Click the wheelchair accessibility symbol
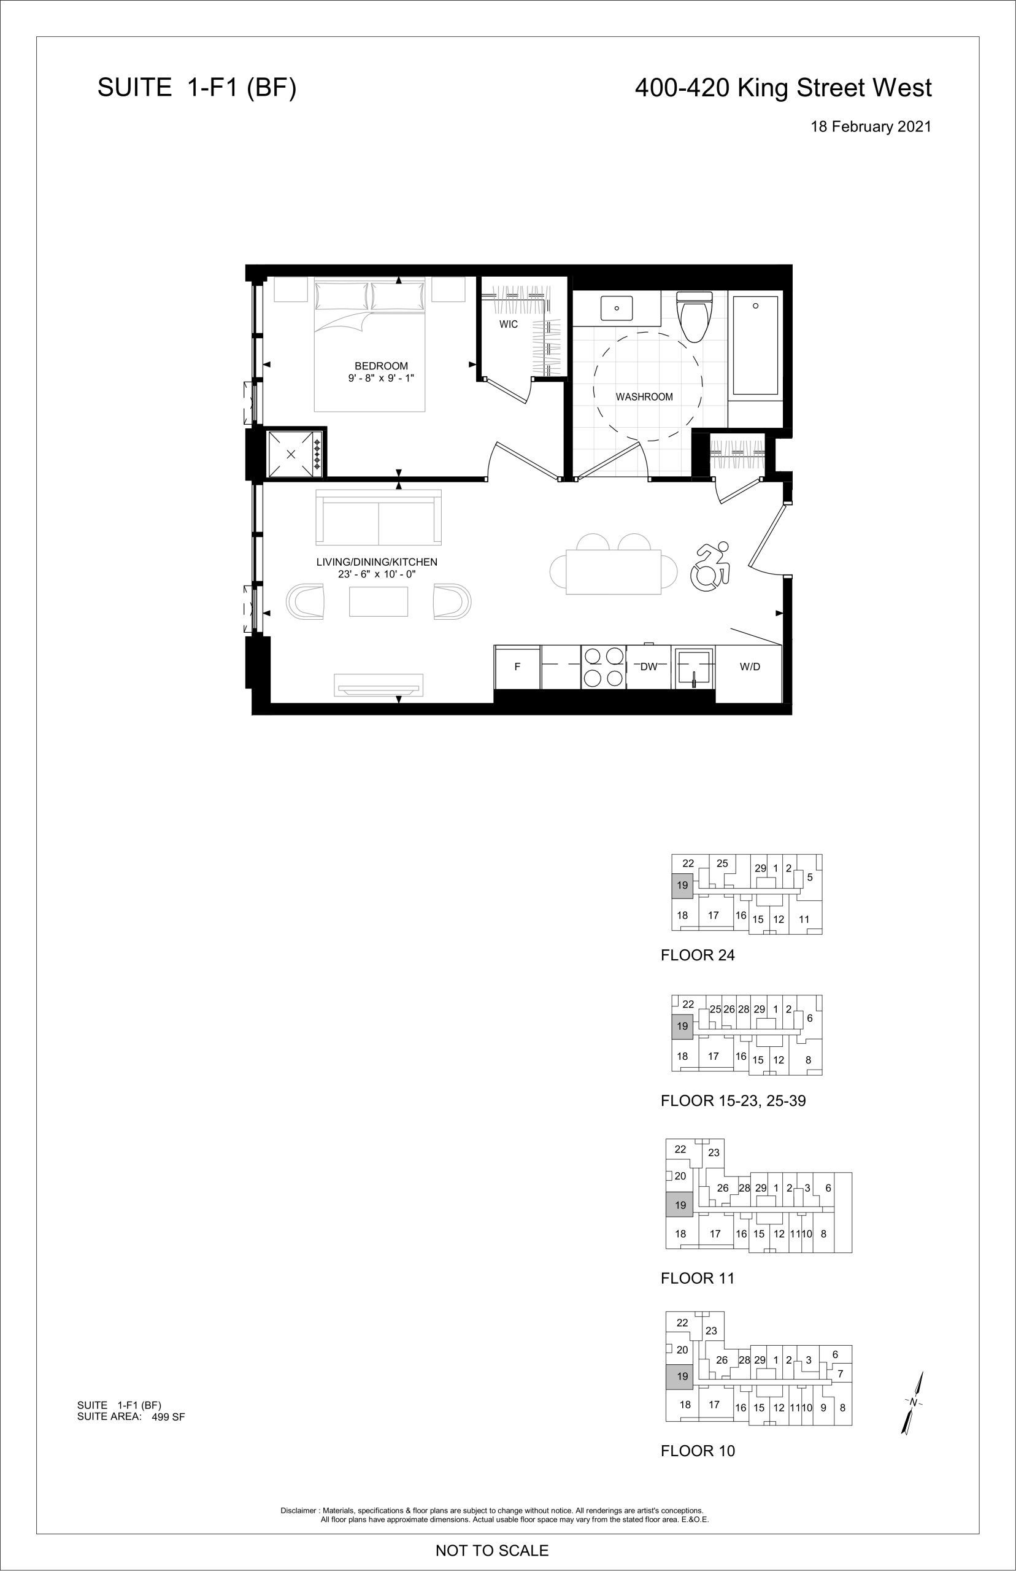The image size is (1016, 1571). point(710,566)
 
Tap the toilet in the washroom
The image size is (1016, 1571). point(695,317)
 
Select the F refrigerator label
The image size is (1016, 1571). point(517,666)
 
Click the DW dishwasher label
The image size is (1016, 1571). point(649,666)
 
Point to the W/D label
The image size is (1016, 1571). point(750,666)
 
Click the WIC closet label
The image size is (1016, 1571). point(509,324)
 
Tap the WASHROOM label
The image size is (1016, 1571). point(645,396)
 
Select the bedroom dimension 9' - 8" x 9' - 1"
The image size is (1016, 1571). point(382,378)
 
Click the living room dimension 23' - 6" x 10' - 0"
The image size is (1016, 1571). point(377,574)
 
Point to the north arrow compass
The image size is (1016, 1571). point(913,1402)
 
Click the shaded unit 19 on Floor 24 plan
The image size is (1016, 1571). point(682,885)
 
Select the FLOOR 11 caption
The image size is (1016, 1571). point(698,1278)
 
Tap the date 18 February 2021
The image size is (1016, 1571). point(871,126)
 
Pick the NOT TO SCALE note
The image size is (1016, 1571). point(492,1550)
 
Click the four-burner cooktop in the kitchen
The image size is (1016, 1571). point(604,667)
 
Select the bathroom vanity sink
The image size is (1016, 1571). point(616,307)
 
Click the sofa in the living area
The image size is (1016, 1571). point(379,517)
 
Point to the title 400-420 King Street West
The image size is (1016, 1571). point(783,88)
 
